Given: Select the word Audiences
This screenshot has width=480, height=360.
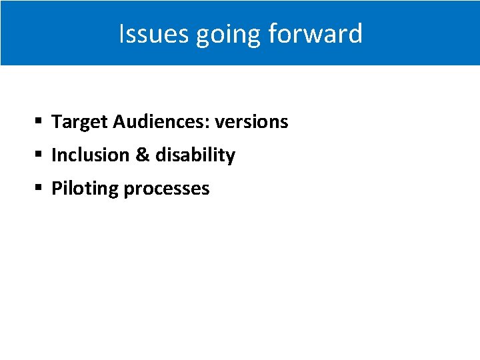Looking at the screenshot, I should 160,122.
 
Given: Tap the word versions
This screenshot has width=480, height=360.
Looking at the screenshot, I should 251,122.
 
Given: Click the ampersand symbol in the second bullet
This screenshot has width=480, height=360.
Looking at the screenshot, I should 142,155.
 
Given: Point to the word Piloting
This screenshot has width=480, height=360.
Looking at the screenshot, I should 85,189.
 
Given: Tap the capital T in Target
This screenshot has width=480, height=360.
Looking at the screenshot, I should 57,121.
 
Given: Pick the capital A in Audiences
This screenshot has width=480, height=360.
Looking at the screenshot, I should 119,121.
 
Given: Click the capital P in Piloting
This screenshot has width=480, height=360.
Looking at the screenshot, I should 57,188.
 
